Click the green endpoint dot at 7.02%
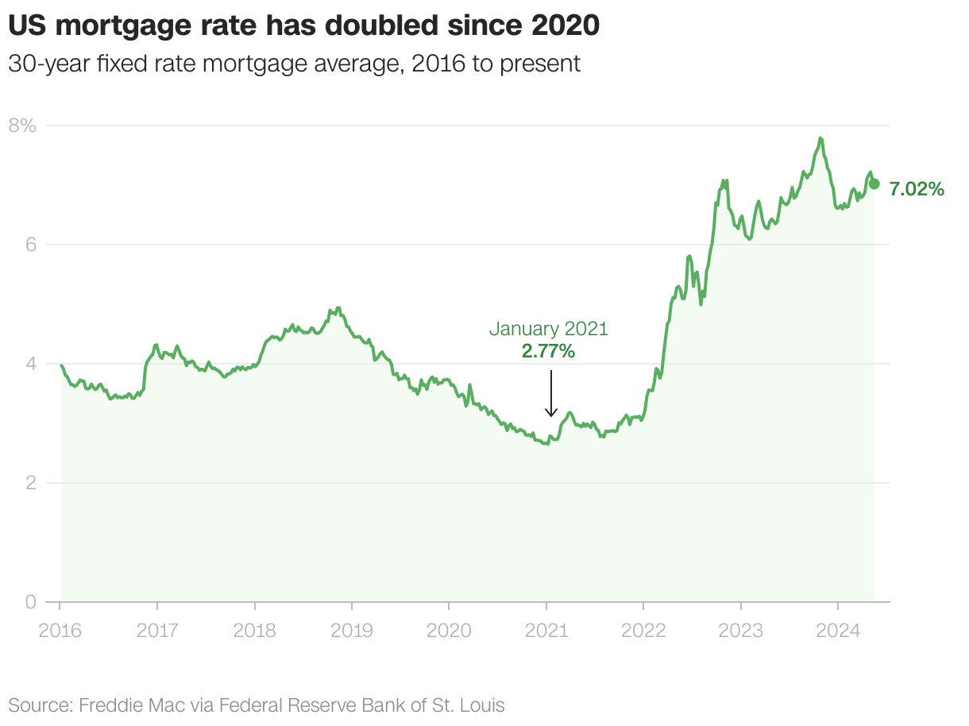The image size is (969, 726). click(874, 183)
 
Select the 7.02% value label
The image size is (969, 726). click(917, 189)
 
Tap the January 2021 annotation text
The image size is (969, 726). click(548, 328)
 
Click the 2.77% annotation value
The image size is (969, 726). click(548, 350)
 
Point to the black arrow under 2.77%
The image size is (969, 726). click(551, 394)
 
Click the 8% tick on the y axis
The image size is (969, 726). click(22, 126)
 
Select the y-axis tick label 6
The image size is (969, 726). click(30, 245)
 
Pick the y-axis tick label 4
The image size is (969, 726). click(30, 364)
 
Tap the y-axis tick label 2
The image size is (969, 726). click(30, 483)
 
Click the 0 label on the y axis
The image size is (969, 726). click(30, 602)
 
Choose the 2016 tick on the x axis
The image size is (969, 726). click(60, 631)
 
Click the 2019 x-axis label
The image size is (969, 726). click(352, 631)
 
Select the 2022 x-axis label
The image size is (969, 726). click(643, 631)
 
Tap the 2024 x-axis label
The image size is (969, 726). click(838, 631)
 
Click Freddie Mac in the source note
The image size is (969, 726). click(121, 705)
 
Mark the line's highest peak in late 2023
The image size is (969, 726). click(820, 139)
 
